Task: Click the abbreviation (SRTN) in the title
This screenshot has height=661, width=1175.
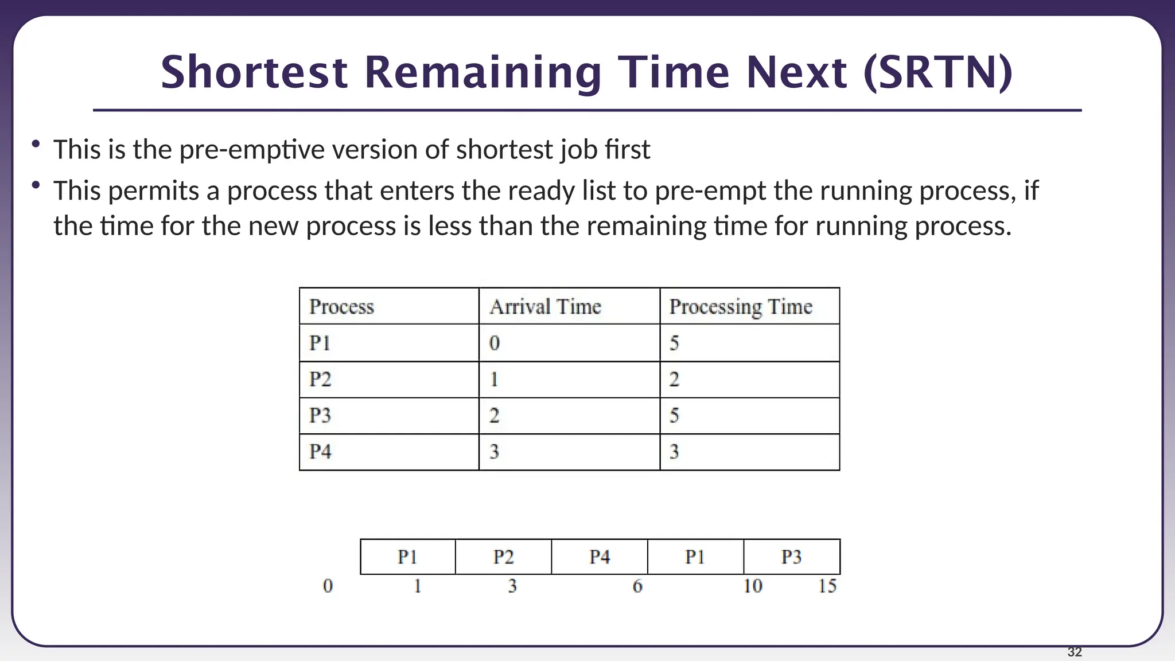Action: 938,73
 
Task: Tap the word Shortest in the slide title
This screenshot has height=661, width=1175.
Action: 254,73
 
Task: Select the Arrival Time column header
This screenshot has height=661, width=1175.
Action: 545,306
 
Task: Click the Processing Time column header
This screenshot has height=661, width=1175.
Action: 741,306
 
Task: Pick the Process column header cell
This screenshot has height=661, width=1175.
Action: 341,306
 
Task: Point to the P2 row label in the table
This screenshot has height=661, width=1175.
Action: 320,379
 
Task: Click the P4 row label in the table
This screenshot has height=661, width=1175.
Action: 320,452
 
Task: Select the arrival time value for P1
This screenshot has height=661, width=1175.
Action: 495,343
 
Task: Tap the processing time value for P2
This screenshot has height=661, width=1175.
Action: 674,379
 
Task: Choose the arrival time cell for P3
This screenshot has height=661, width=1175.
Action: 495,415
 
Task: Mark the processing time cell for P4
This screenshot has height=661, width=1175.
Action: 674,452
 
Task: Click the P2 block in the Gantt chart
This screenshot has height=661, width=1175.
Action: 503,557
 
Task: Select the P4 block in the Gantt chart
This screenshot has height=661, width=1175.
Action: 600,557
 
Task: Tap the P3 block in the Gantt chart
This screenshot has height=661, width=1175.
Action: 792,557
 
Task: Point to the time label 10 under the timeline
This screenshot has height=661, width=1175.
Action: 753,586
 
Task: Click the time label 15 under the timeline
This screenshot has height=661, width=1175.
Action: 827,586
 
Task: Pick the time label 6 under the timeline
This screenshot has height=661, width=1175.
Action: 637,586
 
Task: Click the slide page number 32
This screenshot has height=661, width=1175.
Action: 1075,652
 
